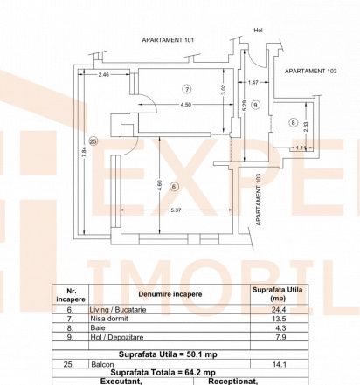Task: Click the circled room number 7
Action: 187,89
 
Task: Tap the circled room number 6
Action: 174,187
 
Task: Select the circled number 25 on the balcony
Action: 93,141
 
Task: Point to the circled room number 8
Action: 293,122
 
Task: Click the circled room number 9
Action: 256,105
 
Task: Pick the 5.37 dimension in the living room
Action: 176,210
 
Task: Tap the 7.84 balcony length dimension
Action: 84,152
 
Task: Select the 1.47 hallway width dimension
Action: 253,82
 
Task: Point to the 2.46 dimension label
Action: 103,75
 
